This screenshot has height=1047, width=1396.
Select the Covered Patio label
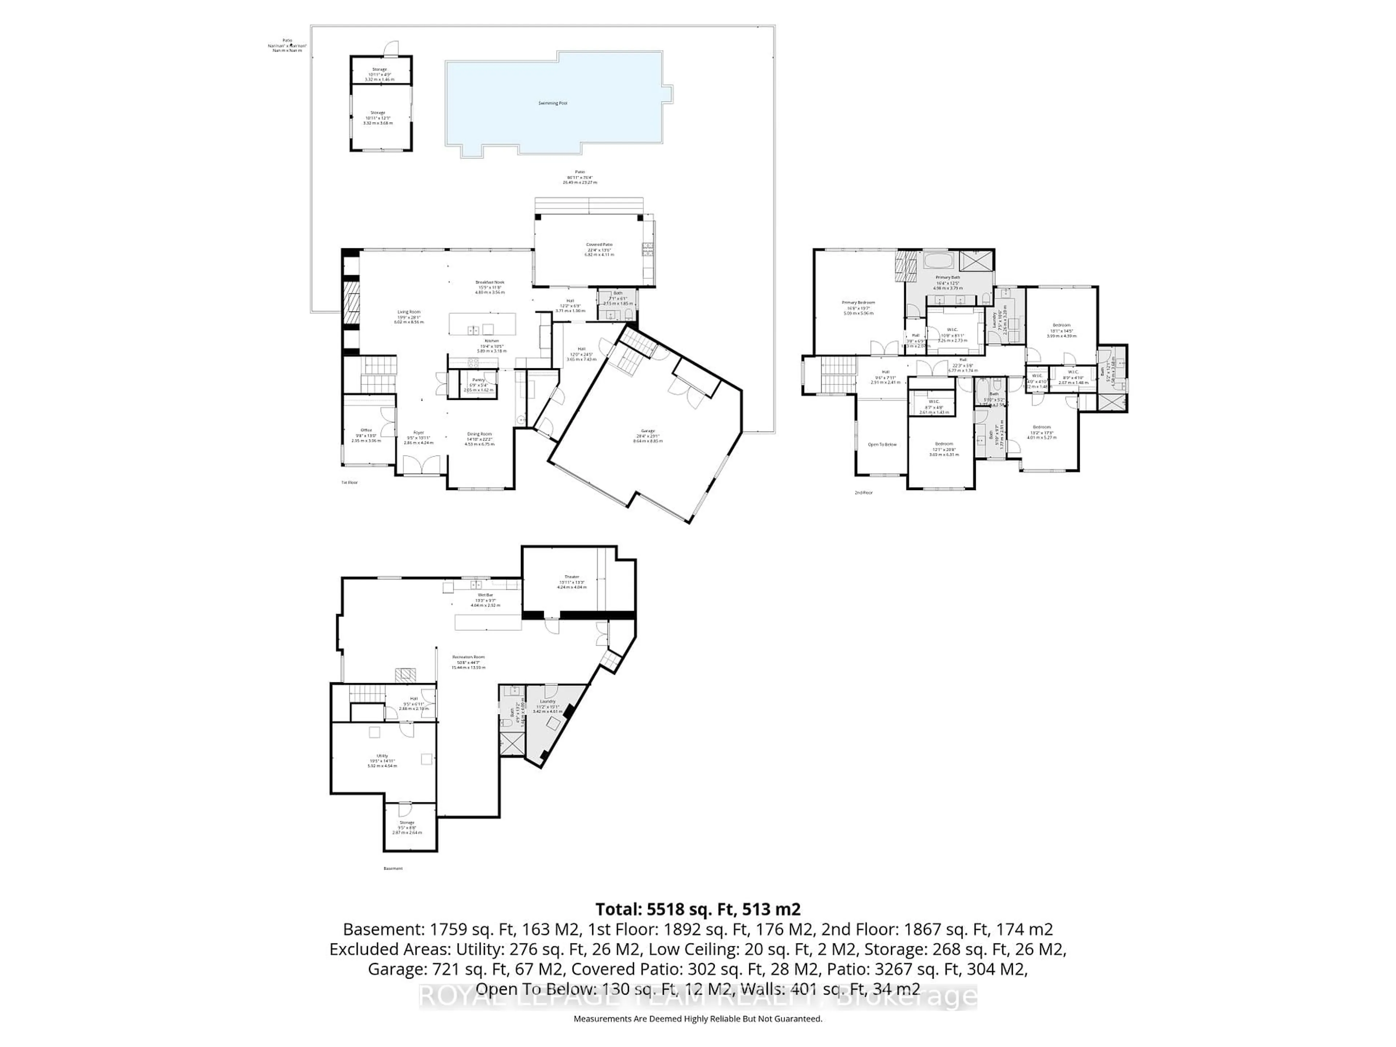click(598, 244)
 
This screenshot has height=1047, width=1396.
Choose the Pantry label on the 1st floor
click(478, 380)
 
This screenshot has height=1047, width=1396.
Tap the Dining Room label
click(479, 434)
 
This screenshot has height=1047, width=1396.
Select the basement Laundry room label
click(547, 701)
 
